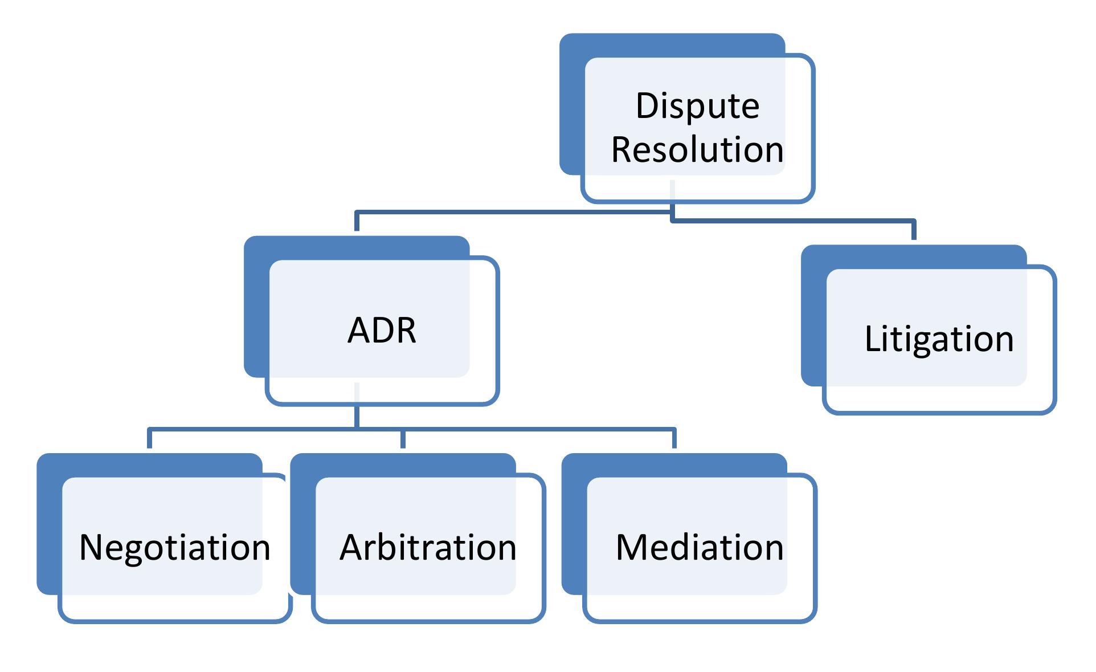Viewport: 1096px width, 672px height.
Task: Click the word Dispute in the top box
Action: pos(697,106)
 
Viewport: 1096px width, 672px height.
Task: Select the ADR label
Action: pos(382,330)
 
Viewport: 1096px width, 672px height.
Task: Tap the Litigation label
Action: pos(939,339)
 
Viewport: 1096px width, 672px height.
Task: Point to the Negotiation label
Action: pos(174,548)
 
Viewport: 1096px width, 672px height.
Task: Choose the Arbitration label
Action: pos(428,548)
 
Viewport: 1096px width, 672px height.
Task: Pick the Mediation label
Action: pos(700,548)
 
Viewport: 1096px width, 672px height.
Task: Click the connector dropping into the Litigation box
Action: pos(914,229)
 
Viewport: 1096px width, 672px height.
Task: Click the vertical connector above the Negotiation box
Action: pos(149,438)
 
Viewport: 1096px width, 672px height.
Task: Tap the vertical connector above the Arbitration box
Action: pos(403,438)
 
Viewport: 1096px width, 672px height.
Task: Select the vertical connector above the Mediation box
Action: pos(674,438)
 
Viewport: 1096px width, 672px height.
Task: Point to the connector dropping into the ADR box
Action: pos(357,221)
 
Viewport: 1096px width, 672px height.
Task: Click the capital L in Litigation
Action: pos(870,339)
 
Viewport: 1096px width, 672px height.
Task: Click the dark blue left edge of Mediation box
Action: pos(573,524)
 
